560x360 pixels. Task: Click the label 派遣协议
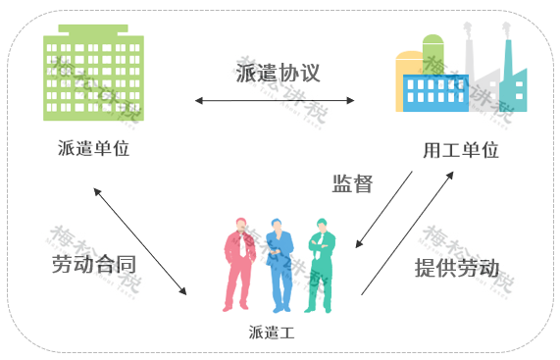[x=279, y=73]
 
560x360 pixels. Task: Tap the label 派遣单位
[x=94, y=149]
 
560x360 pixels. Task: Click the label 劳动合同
[x=93, y=265]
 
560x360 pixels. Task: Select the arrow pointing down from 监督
[x=383, y=211]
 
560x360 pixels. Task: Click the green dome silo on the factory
[x=434, y=54]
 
